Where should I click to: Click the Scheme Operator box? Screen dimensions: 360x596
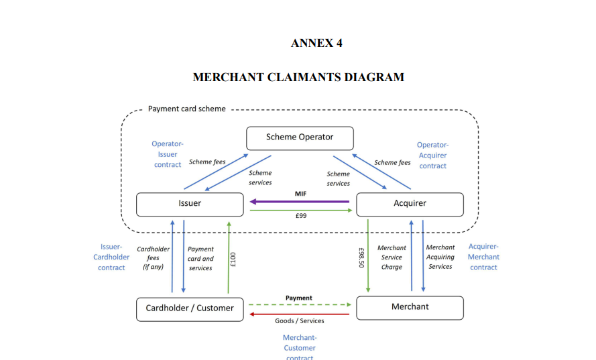[x=299, y=138]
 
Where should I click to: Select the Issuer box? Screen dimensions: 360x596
[x=190, y=204]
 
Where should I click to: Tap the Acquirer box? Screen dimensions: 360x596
[x=410, y=204]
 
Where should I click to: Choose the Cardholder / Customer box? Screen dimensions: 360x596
[x=190, y=309]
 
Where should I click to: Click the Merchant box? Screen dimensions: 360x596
[x=410, y=308]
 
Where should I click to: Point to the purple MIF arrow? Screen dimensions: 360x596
[x=300, y=201]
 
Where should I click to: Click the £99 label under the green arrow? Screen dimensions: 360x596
[x=300, y=216]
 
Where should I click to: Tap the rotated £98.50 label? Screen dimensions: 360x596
[x=362, y=258]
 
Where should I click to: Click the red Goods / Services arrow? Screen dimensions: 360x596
[x=299, y=313]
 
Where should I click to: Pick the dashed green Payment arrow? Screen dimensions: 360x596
[x=299, y=304]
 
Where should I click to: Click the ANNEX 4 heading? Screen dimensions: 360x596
[x=316, y=44]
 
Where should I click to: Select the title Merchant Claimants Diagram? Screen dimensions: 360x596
[x=298, y=77]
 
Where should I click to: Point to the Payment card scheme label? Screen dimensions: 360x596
[x=186, y=109]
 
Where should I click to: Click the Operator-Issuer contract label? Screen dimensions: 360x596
[x=168, y=154]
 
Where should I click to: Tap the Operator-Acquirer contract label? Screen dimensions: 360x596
[x=432, y=155]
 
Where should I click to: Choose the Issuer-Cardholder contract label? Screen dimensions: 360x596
[x=111, y=257]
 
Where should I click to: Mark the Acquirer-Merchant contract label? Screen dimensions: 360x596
[x=483, y=257]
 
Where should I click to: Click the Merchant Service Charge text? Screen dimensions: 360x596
[x=392, y=257]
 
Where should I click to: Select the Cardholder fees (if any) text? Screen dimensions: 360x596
[x=154, y=258]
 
